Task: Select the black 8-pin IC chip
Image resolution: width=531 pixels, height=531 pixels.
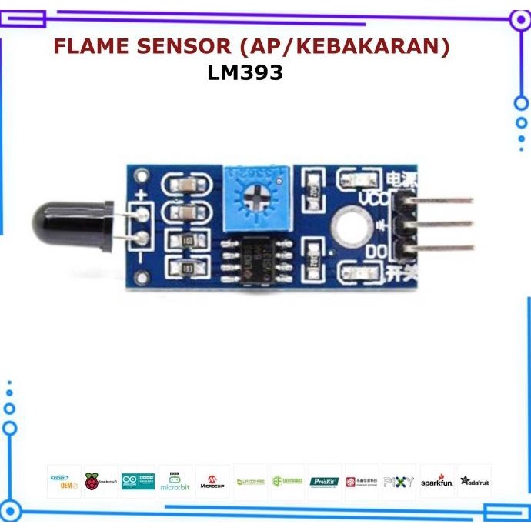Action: click(x=257, y=259)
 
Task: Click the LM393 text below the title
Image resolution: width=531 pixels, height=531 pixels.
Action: click(x=245, y=73)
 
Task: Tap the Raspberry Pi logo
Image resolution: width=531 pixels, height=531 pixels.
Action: click(x=100, y=482)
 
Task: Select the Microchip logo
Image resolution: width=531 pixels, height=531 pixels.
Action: click(x=212, y=482)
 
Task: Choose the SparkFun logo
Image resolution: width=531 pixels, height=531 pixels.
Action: click(x=437, y=482)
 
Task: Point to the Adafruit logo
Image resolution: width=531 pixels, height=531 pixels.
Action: click(x=475, y=482)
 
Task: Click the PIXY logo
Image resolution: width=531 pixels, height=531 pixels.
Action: click(x=399, y=482)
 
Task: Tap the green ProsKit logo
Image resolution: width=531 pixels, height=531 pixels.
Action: click(x=324, y=482)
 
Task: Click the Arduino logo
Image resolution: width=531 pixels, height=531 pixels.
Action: click(x=138, y=482)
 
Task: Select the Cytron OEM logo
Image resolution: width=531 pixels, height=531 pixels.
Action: click(x=63, y=482)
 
